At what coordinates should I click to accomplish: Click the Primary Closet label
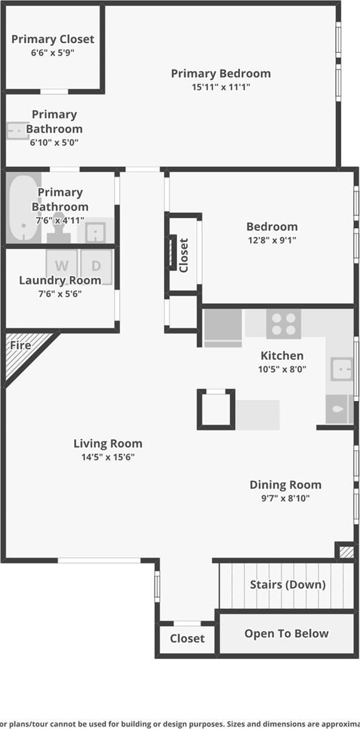point(53,39)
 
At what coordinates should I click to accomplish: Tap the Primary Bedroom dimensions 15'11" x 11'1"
point(220,87)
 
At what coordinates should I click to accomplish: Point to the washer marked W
point(62,266)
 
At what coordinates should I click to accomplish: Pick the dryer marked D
point(96,266)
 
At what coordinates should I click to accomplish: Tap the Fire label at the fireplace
point(20,346)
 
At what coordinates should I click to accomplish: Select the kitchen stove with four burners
point(283,324)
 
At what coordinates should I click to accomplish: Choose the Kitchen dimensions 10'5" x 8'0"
point(282,369)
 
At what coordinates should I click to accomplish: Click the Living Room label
point(108,444)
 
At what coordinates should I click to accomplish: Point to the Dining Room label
point(285,485)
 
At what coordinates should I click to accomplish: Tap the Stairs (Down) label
point(288,584)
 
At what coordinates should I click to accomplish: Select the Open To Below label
point(286,634)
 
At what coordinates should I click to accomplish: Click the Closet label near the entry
point(187,639)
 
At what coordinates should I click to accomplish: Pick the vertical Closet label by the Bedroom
point(184,255)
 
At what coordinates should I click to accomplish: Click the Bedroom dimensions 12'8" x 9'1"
point(271,240)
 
